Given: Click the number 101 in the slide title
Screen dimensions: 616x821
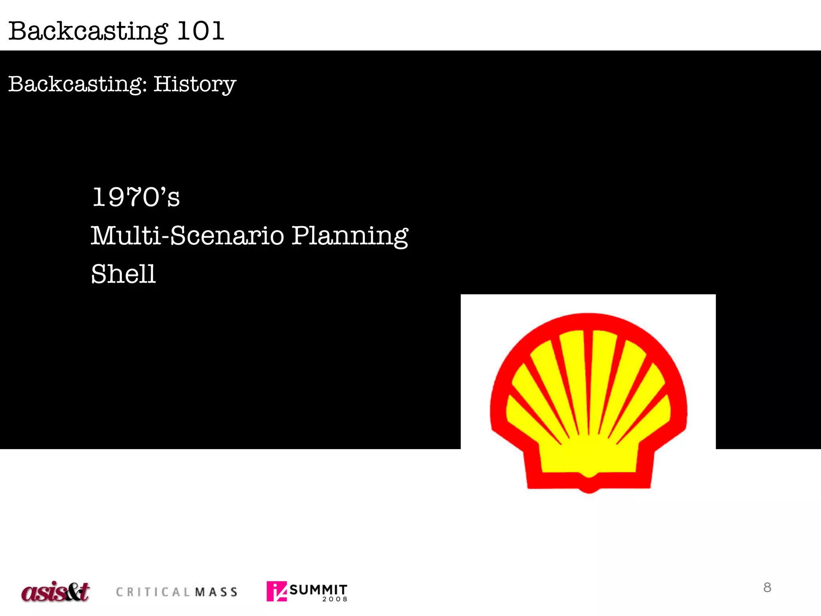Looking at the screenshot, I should (x=200, y=31).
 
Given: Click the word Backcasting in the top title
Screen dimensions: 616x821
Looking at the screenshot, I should (x=88, y=31).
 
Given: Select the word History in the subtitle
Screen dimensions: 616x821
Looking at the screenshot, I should (x=195, y=84).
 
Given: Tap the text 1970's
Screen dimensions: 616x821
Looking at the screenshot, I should (x=136, y=197).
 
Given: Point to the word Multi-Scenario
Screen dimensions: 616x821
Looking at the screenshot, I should (x=188, y=235).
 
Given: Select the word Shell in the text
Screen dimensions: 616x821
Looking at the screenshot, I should (x=123, y=274).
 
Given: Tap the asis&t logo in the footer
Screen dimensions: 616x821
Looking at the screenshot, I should (x=55, y=592).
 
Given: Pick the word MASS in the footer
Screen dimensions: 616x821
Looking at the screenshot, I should (x=216, y=592).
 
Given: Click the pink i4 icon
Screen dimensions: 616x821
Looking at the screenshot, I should (x=277, y=591).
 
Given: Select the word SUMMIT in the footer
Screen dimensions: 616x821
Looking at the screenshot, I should (x=318, y=589).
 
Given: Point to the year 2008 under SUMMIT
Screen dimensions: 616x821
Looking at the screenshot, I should (x=335, y=599).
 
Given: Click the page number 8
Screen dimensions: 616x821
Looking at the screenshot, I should (x=767, y=588).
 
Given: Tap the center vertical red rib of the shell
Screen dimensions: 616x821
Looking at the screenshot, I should (x=588, y=381).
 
